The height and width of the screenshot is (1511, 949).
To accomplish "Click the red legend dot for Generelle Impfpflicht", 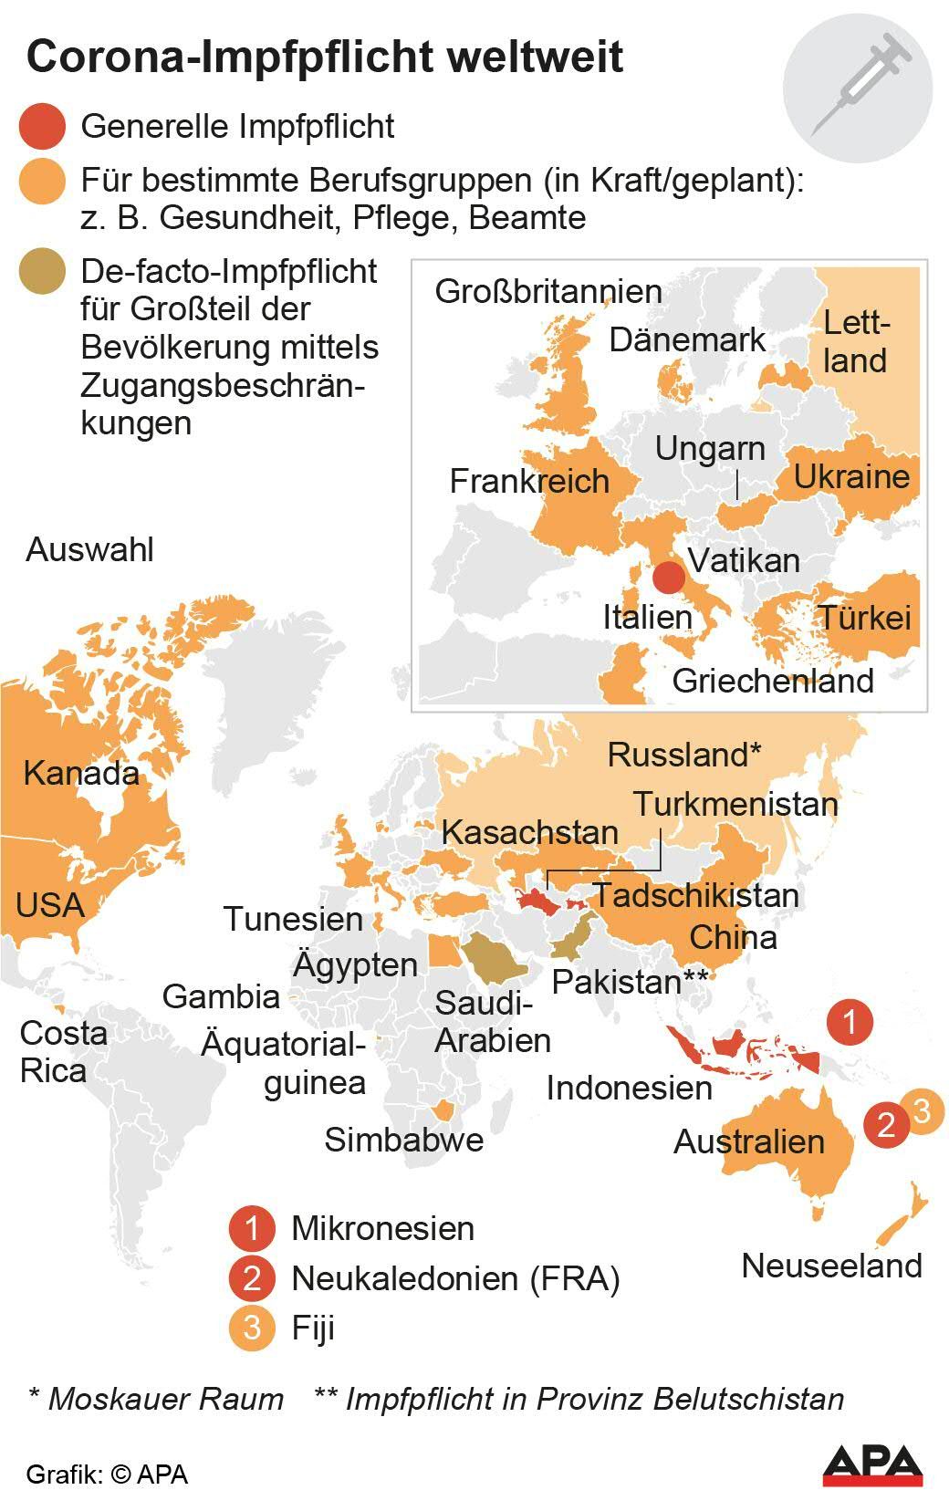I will [42, 127].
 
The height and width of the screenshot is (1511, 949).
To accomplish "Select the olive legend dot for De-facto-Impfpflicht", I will [42, 271].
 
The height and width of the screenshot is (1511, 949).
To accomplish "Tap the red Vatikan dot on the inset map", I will [669, 578].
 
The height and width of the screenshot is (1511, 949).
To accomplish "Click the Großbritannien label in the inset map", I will [548, 292].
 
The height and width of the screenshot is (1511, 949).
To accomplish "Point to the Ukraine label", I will [851, 476].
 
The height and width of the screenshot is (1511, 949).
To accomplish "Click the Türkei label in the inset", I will [864, 618].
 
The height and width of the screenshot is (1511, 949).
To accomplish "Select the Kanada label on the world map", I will [81, 773].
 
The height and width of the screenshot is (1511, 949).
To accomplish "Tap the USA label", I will [50, 905].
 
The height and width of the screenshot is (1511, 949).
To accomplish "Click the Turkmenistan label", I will [735, 804].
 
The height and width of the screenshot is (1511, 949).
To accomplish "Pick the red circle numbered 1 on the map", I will [850, 1021].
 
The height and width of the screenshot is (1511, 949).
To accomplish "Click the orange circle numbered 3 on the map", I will [921, 1111].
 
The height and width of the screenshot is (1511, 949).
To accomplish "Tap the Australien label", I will [749, 1141].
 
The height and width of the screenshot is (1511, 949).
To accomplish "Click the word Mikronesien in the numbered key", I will [382, 1228].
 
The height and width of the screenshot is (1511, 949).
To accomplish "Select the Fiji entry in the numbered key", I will [313, 1327].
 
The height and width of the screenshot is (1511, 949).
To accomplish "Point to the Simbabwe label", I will [403, 1140].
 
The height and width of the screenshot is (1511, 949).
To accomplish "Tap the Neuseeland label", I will [831, 1266].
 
